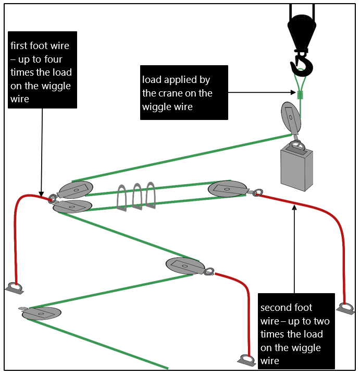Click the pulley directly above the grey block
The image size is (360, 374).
pos(291,118)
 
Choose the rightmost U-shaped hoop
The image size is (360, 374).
pos(151,194)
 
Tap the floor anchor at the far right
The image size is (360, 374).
pos(345,308)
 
